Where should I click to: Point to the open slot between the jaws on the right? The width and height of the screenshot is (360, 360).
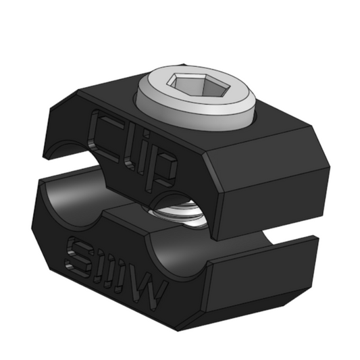point(290,230)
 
